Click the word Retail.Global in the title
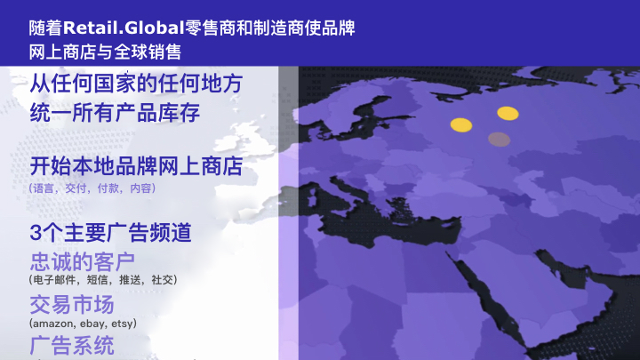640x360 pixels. pyautogui.click(x=124, y=28)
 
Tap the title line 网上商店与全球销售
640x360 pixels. pyautogui.click(x=105, y=52)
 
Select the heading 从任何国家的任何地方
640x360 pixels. pyautogui.click(x=136, y=84)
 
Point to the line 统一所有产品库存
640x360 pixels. pyautogui.click(x=115, y=113)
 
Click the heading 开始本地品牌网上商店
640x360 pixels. pyautogui.click(x=136, y=166)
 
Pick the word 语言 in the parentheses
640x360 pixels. pyautogui.click(x=44, y=188)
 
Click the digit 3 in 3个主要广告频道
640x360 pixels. pyautogui.click(x=36, y=233)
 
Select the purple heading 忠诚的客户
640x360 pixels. pyautogui.click(x=83, y=261)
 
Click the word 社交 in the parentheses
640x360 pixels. pyautogui.click(x=162, y=280)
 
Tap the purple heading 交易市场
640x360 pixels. pyautogui.click(x=72, y=305)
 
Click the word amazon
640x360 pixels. pyautogui.click(x=53, y=324)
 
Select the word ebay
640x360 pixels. pyautogui.click(x=92, y=324)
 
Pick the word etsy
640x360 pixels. pyautogui.click(x=122, y=324)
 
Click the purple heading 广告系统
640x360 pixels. pyautogui.click(x=72, y=345)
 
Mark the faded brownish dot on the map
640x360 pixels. pyautogui.click(x=500, y=140)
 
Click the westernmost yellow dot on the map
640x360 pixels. pyautogui.click(x=461, y=125)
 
